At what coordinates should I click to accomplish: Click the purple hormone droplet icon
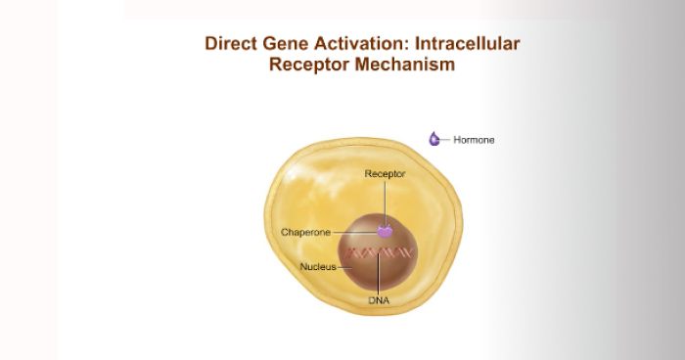(x=434, y=139)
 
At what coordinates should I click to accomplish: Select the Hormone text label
(x=475, y=140)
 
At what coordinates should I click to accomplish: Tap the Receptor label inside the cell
(x=385, y=173)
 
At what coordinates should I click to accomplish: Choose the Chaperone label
(x=305, y=232)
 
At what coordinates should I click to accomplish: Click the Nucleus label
(x=318, y=266)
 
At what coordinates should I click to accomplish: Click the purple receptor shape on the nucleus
(x=385, y=232)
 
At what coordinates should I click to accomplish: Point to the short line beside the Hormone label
(x=447, y=140)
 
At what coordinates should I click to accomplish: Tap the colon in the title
(x=408, y=45)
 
